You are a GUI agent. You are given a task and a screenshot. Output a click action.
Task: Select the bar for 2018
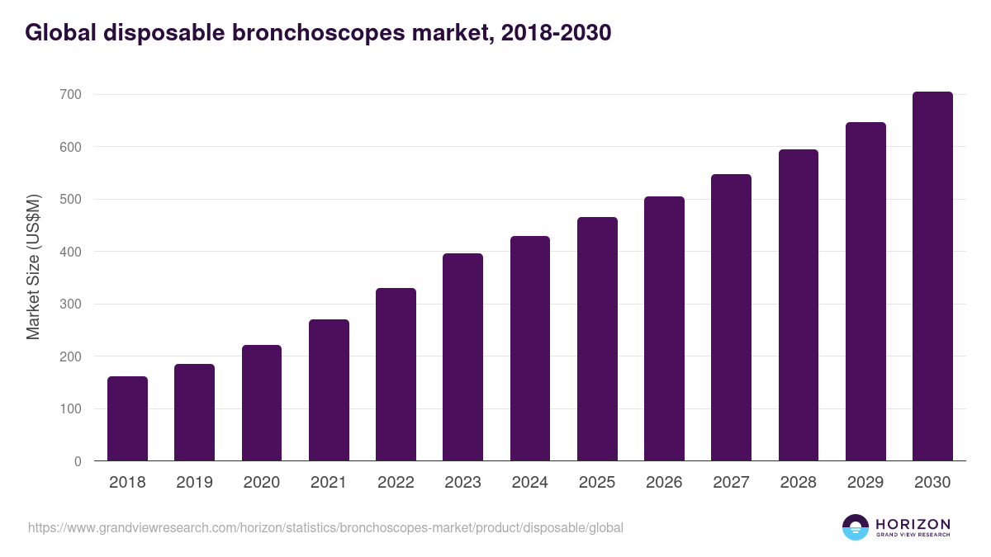pos(127,419)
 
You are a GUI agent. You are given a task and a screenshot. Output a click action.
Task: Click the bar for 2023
pos(462,357)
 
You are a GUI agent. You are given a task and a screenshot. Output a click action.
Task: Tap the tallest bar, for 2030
pos(932,276)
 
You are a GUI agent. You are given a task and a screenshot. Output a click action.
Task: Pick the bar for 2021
pos(329,390)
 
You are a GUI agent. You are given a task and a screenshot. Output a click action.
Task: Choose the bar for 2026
pos(664,328)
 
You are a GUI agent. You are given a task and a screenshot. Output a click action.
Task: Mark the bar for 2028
pos(798,305)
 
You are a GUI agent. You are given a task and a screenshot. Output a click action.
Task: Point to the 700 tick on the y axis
pos(71,95)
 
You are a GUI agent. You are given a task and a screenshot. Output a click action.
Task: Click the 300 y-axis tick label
pos(71,304)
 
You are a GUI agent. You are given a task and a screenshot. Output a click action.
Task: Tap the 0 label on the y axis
pos(78,461)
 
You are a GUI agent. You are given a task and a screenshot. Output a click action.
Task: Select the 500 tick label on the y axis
pos(71,200)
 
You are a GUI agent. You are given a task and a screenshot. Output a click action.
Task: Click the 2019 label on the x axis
pos(194,483)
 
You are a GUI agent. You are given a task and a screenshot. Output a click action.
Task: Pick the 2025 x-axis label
pos(597,483)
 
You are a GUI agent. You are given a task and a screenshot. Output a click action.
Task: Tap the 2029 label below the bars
pos(865,483)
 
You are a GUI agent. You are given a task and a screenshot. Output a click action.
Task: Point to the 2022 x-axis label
pos(396,483)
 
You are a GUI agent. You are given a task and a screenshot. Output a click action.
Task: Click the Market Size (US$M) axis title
pos(34,267)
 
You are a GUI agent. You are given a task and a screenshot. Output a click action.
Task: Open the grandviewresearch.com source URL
pos(325,527)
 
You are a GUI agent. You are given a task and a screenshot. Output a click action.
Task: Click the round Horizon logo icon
pos(856,527)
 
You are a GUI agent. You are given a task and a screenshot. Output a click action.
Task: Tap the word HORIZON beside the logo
pos(913,524)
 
